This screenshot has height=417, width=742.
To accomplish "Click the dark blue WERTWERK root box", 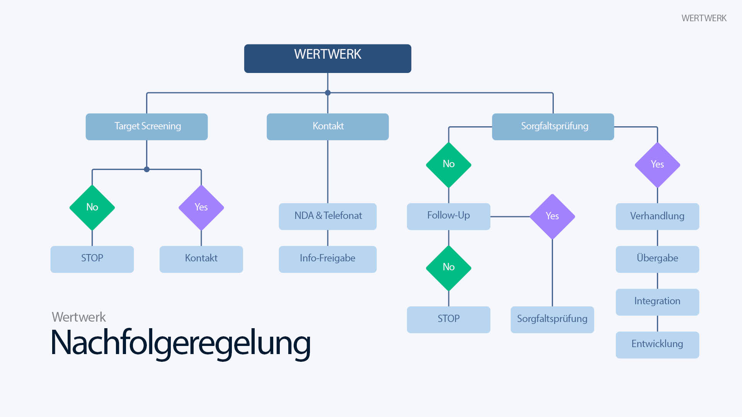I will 327,58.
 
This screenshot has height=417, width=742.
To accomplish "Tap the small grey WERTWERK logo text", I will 704,18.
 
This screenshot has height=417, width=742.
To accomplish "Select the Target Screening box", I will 146,127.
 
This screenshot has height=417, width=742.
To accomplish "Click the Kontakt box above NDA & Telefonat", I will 327,127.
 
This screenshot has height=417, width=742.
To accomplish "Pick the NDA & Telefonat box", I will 327,216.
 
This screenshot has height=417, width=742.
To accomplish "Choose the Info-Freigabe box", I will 327,259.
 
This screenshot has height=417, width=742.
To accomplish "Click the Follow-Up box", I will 448,216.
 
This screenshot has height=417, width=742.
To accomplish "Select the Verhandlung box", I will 657,216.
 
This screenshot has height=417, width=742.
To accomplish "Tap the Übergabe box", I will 657,259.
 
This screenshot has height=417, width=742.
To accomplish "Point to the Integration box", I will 657,302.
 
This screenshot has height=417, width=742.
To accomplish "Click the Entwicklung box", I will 657,344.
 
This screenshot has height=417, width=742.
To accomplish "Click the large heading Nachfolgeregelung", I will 180,343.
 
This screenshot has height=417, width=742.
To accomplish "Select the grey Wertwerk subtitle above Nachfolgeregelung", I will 79,317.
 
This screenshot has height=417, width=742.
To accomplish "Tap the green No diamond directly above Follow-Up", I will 448,164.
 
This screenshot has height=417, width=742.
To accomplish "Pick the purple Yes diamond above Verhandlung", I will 657,164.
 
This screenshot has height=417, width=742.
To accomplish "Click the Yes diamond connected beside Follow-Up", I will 552,216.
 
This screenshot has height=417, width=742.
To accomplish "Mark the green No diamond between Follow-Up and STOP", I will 448,268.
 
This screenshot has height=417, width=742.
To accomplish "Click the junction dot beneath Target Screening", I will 146,169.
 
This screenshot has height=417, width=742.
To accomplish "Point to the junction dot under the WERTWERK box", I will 328,93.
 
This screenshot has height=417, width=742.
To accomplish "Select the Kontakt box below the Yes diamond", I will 201,259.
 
